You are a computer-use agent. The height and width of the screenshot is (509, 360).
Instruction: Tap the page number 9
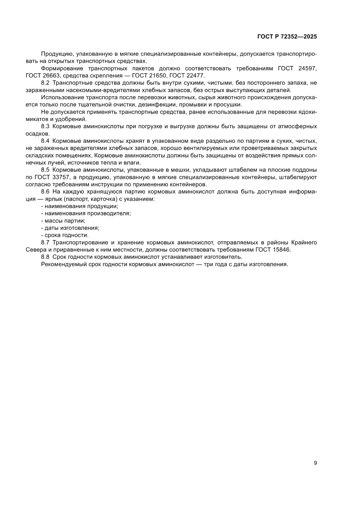pos(315,463)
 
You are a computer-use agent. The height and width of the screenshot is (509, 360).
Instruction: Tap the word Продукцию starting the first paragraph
pos(57,54)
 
